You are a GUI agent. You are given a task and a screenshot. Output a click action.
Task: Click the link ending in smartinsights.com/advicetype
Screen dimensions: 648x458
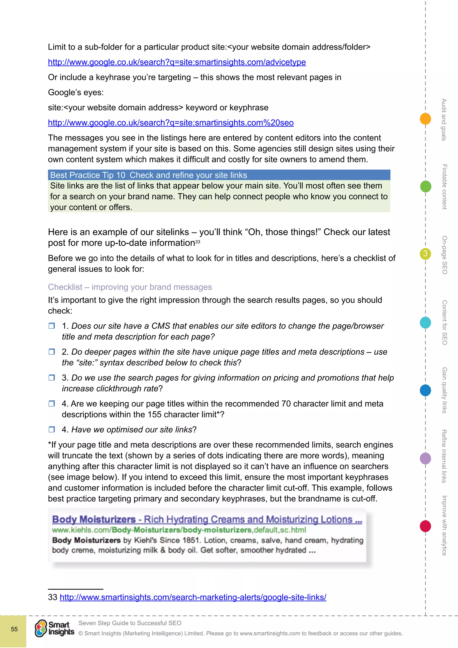(177, 62)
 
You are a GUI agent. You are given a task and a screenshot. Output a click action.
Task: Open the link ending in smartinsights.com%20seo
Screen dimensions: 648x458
(171, 123)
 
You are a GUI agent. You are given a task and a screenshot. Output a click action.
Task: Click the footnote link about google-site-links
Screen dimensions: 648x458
(193, 597)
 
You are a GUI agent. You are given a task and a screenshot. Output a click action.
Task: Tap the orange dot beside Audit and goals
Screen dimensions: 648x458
(425, 119)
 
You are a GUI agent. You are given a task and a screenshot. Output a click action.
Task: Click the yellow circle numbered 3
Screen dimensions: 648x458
(425, 254)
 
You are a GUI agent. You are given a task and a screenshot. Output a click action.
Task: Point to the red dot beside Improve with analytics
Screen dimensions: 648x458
(425, 526)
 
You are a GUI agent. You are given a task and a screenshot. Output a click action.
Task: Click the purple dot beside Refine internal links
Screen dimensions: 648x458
(425, 458)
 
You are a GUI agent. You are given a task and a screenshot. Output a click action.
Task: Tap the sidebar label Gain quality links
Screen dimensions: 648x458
(444, 390)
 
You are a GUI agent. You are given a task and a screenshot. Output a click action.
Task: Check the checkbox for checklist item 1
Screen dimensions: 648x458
(52, 326)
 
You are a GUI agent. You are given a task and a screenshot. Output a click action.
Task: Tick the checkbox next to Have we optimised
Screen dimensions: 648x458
(52, 430)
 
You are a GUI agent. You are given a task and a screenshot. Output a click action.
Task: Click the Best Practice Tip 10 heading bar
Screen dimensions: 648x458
(219, 175)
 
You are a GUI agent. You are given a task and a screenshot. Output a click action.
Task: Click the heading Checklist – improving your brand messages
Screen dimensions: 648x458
(130, 287)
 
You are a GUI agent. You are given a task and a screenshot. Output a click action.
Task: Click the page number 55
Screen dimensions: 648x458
(14, 629)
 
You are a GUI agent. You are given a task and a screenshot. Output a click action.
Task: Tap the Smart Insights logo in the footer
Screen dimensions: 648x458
(54, 629)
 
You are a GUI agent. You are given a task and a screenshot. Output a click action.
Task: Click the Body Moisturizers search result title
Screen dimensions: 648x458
(207, 519)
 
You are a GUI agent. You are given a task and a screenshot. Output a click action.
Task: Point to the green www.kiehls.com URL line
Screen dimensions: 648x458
(179, 530)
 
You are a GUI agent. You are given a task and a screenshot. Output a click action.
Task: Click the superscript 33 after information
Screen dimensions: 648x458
(198, 242)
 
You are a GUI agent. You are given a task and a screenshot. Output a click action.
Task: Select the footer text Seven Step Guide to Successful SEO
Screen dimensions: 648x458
(130, 623)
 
